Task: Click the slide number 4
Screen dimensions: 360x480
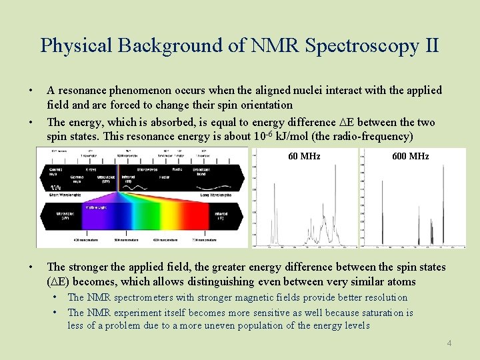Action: click(x=449, y=343)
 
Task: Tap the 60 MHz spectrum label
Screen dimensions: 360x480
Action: click(x=304, y=157)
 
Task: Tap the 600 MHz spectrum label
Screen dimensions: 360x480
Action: click(x=410, y=157)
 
